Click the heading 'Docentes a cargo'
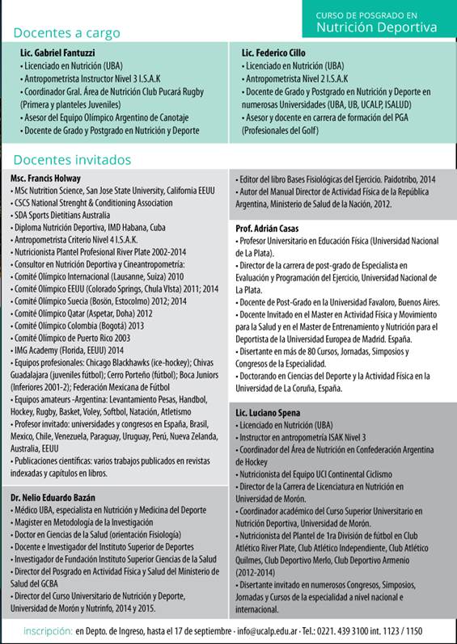[66, 33]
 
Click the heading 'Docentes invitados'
[72, 160]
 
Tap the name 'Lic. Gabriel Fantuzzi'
[57, 53]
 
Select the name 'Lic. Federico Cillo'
[277, 53]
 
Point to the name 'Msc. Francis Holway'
[46, 178]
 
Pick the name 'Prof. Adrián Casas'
[267, 229]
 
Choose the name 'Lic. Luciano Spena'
[268, 413]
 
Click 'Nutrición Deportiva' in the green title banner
[376, 27]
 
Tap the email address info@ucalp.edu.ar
[265, 630]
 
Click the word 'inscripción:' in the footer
[47, 630]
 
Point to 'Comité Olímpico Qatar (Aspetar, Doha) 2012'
[82, 313]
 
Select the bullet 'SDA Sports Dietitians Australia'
[67, 215]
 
